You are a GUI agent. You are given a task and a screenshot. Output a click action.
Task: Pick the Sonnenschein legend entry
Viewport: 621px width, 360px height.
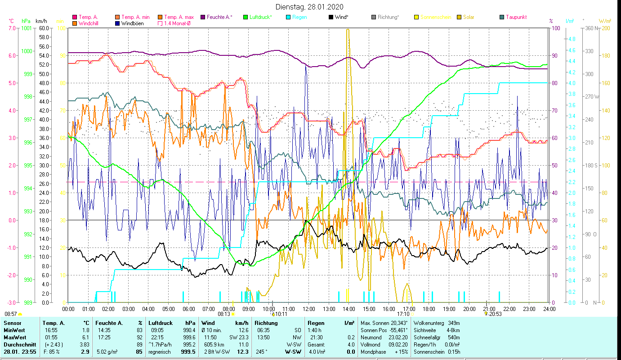[x=435, y=17]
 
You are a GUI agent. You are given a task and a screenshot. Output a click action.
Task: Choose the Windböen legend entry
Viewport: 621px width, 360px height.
[x=132, y=23]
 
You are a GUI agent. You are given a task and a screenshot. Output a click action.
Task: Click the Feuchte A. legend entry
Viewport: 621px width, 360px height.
[x=219, y=17]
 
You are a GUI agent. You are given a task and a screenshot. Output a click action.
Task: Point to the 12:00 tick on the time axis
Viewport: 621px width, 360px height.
[x=308, y=309]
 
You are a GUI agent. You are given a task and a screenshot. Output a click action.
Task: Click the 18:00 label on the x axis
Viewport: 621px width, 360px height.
[x=429, y=309]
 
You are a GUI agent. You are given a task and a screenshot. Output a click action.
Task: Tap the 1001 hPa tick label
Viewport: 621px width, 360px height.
[x=27, y=28]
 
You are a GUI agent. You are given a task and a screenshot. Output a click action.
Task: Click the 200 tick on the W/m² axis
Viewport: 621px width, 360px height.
[x=606, y=28]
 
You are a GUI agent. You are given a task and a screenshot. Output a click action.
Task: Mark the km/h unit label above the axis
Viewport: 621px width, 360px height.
[x=41, y=21]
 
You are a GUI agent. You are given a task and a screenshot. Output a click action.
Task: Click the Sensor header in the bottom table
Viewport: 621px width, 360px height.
[x=12, y=323]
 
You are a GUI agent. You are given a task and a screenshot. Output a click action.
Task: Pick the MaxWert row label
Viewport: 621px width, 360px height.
[x=14, y=337]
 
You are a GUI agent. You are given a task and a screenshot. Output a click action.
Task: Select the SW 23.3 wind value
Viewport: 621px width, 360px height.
[x=238, y=337]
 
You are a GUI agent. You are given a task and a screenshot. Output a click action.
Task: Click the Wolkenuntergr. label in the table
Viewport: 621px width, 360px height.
[x=430, y=323]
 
